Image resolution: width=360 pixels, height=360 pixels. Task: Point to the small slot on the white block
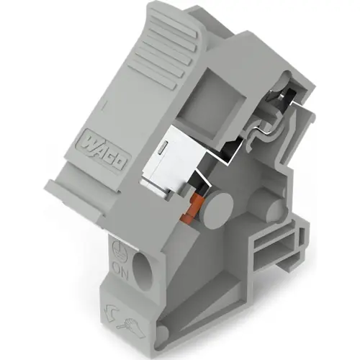pos(164,147)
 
